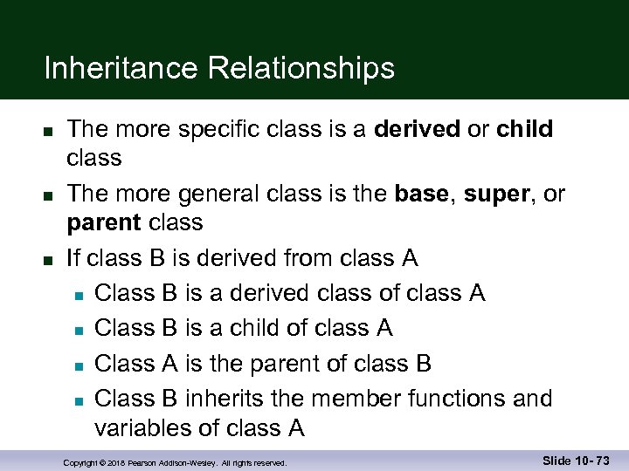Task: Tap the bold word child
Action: coord(524,129)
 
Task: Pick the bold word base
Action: coord(421,194)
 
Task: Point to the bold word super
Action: coord(494,194)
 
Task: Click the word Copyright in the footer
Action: coord(82,461)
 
